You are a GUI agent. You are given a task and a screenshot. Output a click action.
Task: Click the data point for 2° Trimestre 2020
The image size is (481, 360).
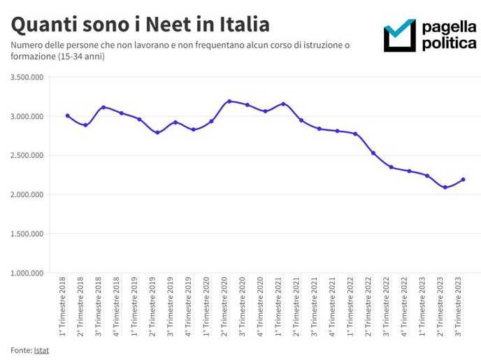pos(229,101)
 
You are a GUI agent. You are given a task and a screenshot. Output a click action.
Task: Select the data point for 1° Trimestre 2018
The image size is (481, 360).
pos(68,115)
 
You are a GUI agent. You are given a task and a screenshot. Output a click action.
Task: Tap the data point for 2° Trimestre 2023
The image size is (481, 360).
pos(445,187)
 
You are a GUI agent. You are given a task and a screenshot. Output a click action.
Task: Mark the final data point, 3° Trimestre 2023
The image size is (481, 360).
pos(463,180)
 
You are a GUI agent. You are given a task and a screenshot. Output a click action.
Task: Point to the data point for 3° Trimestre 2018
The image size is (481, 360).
pos(103,108)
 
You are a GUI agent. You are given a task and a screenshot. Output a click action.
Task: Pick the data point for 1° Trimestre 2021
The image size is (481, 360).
pos(283,103)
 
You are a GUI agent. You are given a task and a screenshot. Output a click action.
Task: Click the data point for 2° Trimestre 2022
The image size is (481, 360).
pos(373,153)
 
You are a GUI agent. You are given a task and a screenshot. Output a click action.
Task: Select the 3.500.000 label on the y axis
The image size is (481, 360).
pos(27,77)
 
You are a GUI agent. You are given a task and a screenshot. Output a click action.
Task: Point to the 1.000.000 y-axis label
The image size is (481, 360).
pos(27,273)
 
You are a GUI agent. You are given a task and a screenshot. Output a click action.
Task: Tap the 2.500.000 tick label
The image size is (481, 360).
pos(27,155)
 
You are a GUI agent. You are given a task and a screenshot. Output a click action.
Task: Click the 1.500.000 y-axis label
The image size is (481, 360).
pos(27,233)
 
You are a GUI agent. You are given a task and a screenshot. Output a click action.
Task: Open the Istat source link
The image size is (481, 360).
pos(41,349)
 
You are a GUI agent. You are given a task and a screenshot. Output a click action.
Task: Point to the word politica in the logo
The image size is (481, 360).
pos(449,43)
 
